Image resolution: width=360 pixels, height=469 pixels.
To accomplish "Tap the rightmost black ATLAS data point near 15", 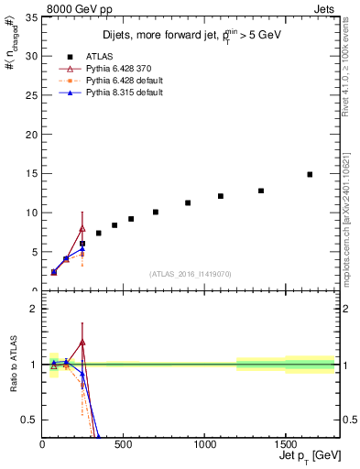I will click(310, 174).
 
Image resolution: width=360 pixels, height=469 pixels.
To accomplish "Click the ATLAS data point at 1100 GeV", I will click(221, 196).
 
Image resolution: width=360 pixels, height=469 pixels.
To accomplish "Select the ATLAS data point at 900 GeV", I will click(188, 202).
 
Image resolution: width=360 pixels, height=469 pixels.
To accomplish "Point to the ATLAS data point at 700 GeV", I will click(156, 212).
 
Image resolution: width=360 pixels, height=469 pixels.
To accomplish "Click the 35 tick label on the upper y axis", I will click(31, 16).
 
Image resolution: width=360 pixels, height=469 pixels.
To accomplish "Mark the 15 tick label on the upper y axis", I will click(31, 173).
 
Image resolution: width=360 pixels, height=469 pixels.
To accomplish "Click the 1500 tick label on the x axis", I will click(286, 443).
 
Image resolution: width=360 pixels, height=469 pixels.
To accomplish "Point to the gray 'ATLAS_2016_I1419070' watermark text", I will click(191, 273).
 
